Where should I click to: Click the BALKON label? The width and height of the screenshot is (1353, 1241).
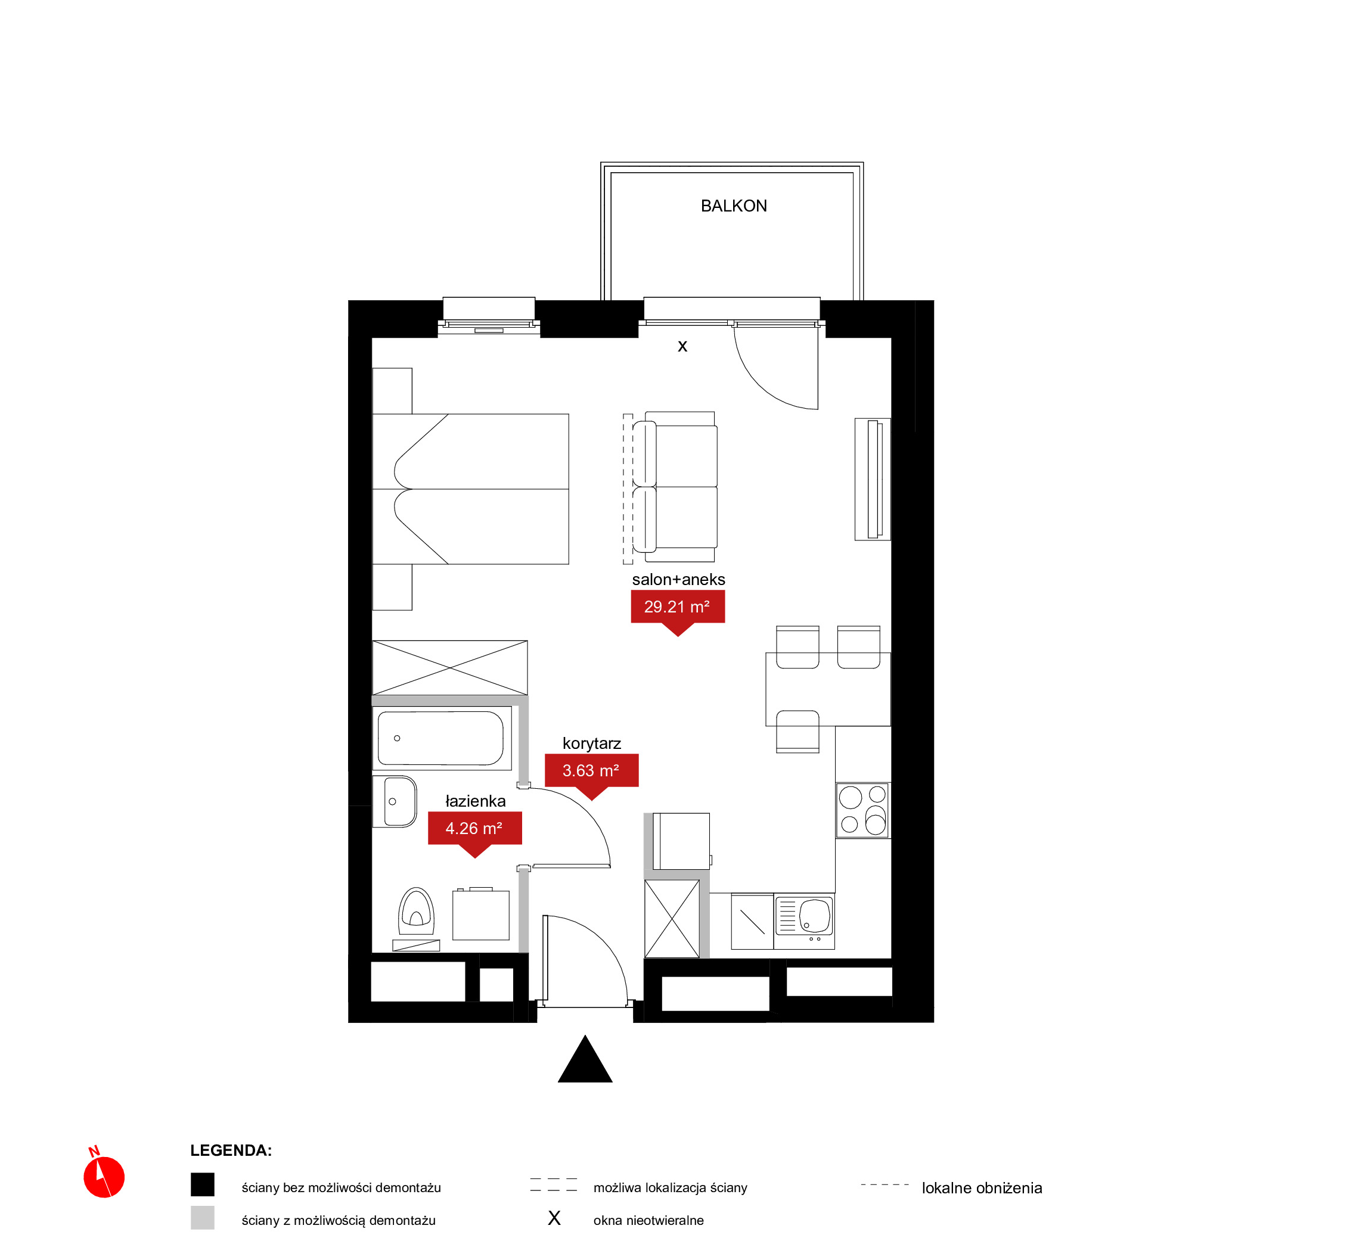click(734, 206)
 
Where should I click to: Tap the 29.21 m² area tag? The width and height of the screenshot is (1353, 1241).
click(677, 607)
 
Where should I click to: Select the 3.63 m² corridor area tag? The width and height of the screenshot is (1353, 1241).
click(591, 771)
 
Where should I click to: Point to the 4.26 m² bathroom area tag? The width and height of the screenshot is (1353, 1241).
click(475, 829)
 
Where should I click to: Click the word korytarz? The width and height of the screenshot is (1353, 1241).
click(592, 744)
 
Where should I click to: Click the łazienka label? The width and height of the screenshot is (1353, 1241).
click(476, 801)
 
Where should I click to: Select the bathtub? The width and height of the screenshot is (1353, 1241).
click(440, 738)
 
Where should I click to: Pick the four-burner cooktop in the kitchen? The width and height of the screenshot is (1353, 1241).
click(862, 810)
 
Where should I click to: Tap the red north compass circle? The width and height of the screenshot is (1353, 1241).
click(104, 1177)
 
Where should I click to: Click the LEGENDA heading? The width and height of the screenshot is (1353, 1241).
click(231, 1150)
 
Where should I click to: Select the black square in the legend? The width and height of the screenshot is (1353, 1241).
click(202, 1184)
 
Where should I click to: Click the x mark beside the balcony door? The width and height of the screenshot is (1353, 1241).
click(682, 347)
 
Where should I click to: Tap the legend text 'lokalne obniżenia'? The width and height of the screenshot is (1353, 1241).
click(982, 1188)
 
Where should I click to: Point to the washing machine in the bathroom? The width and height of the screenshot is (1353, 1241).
click(481, 915)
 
